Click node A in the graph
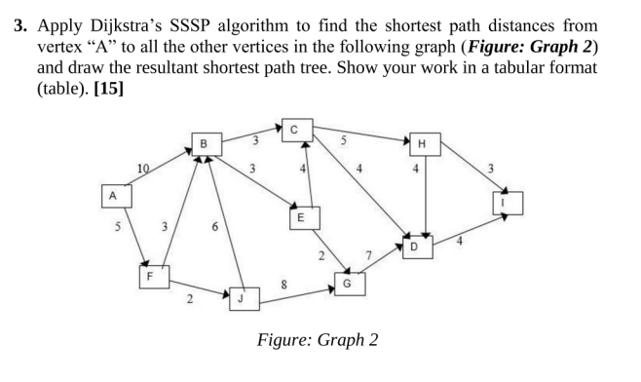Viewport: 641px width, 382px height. click(x=113, y=195)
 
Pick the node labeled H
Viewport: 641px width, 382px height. click(x=421, y=145)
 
